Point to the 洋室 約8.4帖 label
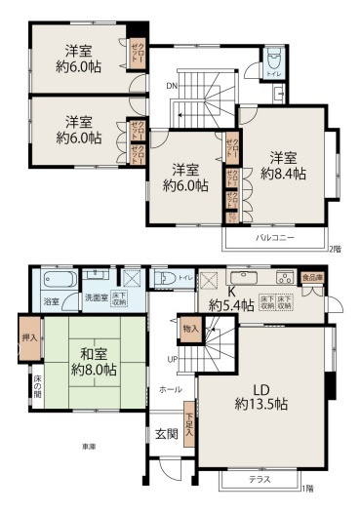[283, 165]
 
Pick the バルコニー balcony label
[272, 238]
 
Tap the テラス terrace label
[259, 480]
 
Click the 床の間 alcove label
[36, 390]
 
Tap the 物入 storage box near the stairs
[189, 328]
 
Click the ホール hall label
[169, 389]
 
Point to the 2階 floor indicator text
[337, 250]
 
